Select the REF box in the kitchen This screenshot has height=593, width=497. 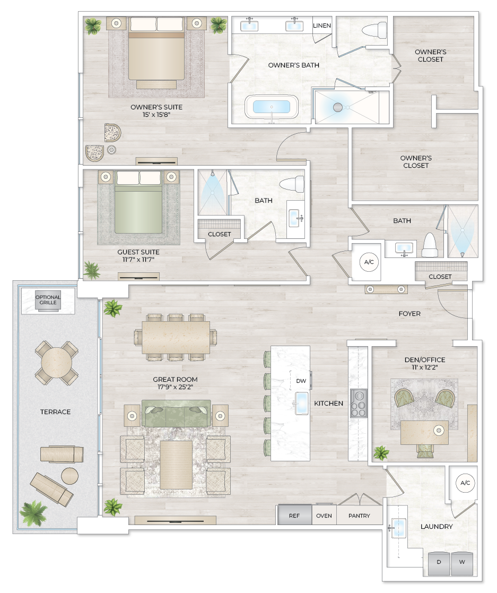294,515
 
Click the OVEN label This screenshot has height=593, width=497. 324,515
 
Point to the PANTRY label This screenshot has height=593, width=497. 359,515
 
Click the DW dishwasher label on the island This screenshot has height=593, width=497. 301,381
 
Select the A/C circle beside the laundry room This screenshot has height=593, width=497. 465,483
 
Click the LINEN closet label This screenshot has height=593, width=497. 322,25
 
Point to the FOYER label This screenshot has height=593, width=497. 409,314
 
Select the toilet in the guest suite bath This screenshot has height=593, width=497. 292,185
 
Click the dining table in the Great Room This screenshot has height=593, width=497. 176,337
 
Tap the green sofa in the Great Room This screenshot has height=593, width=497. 176,412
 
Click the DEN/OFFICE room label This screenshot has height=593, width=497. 424,360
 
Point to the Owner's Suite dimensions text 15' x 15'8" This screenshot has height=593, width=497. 156,115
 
